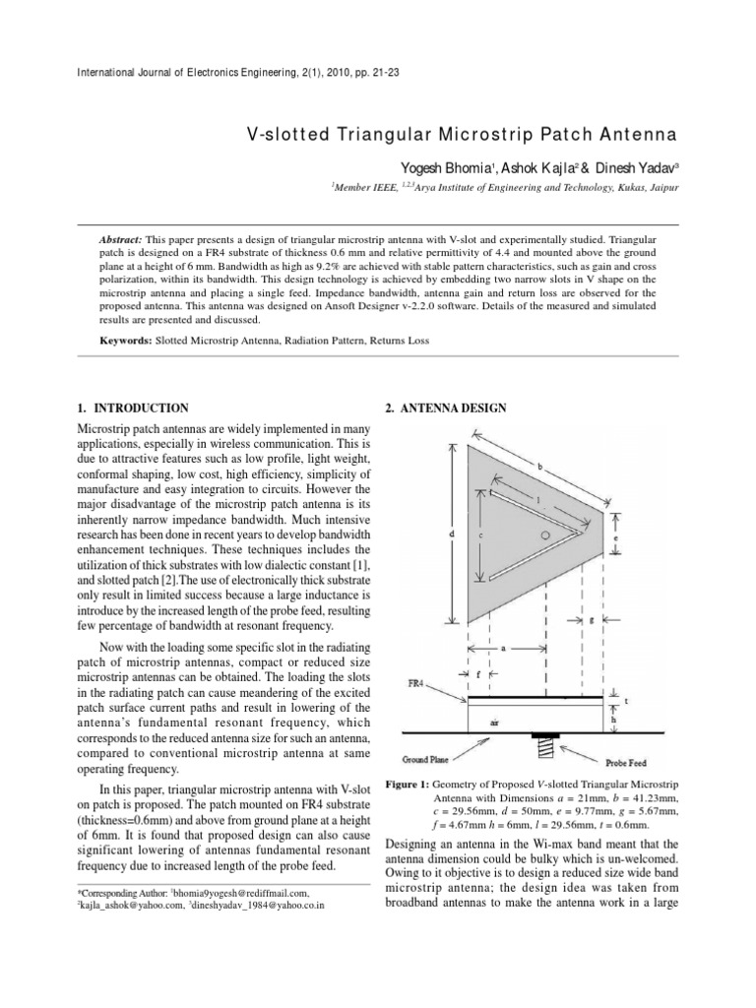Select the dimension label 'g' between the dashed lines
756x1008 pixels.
tap(591, 621)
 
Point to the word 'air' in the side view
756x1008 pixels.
tap(494, 720)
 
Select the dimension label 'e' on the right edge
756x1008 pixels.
tap(614, 538)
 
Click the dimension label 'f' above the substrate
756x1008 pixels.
tap(477, 675)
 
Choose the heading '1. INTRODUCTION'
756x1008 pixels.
tap(133, 407)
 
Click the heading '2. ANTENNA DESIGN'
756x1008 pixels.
tap(439, 407)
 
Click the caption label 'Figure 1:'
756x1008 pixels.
tap(411, 786)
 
